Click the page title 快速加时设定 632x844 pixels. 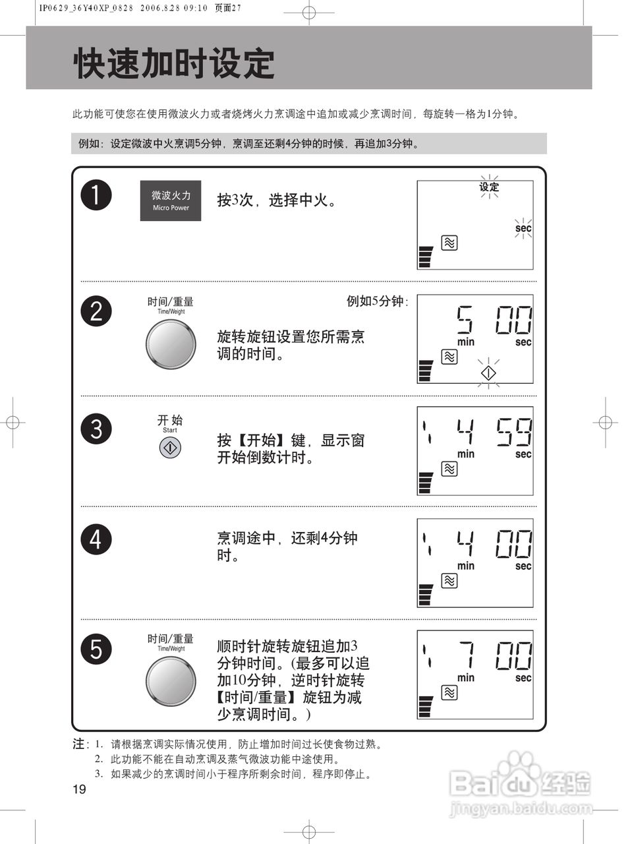coord(174,64)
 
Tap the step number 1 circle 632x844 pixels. coord(96,196)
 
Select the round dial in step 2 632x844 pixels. coord(171,345)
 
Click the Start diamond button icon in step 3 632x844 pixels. coord(170,448)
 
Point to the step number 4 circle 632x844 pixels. coord(96,539)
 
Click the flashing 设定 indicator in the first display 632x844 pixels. coord(489,187)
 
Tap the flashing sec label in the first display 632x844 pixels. coord(523,228)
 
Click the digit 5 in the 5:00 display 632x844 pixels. coord(465,320)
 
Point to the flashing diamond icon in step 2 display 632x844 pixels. coord(488,373)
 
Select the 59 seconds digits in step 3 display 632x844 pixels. coord(515,433)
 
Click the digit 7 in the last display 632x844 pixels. coord(466,656)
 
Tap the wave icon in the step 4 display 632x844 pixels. coord(449,581)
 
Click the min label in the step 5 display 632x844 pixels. coord(466,678)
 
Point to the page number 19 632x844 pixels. coord(79,790)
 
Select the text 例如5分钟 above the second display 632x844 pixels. coord(377,301)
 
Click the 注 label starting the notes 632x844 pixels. coord(79,744)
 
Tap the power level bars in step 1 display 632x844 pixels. coord(426,257)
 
